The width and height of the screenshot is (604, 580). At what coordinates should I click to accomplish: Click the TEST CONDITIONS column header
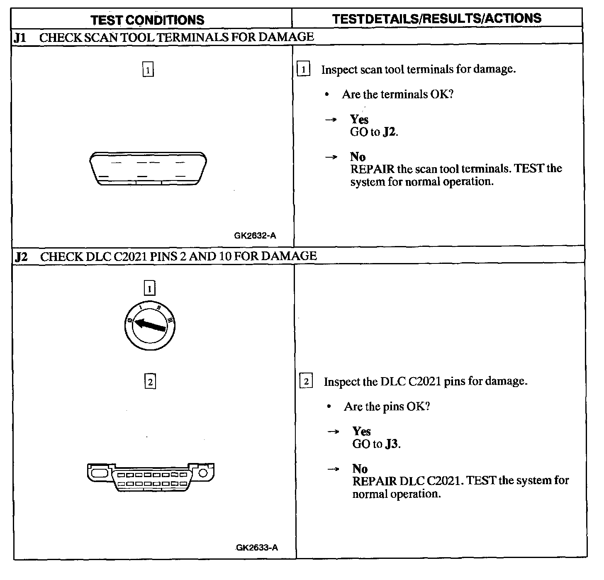click(147, 20)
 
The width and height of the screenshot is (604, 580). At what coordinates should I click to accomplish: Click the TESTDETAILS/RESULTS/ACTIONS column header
click(436, 18)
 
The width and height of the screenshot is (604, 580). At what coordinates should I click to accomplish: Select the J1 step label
click(20, 38)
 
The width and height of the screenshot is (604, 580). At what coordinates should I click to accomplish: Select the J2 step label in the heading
click(21, 257)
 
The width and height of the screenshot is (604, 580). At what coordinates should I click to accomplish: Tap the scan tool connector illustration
click(148, 169)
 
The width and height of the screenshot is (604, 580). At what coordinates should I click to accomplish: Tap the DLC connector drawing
click(151, 477)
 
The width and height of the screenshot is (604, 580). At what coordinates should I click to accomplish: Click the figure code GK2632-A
click(255, 236)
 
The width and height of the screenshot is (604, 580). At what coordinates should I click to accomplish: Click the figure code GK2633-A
click(257, 548)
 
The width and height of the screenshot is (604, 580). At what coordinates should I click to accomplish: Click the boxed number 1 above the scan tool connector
click(148, 69)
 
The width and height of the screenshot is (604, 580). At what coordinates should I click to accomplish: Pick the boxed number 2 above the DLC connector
click(150, 381)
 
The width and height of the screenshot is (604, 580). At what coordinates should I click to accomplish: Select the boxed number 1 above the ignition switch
click(149, 288)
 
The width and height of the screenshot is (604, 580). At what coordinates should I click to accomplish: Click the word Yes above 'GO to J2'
click(359, 119)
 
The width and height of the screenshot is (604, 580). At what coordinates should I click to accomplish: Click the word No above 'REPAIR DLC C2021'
click(360, 469)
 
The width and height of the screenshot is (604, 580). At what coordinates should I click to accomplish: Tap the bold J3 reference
click(392, 444)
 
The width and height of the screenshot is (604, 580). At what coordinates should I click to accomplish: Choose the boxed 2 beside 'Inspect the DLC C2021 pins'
click(306, 381)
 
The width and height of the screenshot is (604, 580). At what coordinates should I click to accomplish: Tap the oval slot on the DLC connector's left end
click(99, 473)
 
